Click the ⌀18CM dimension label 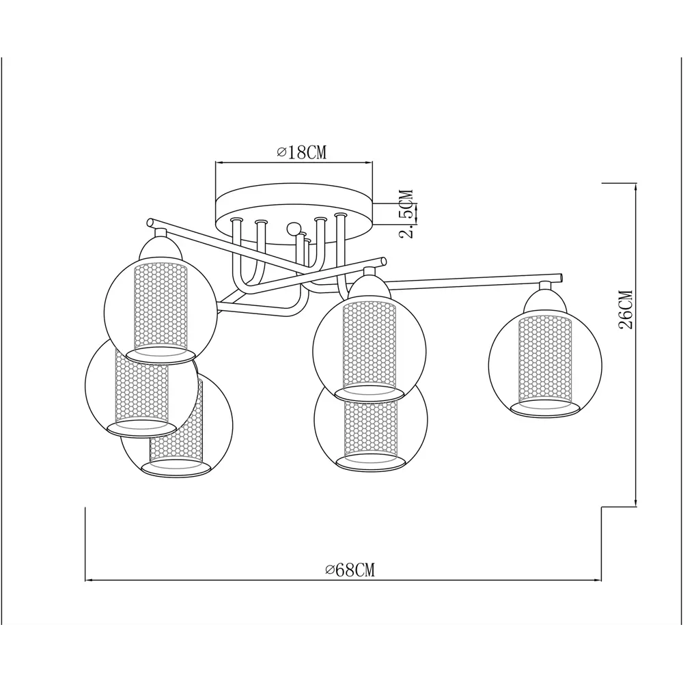(x=301, y=152)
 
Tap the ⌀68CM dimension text (x=350, y=570)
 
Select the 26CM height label (x=626, y=309)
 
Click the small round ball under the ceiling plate (x=293, y=228)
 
